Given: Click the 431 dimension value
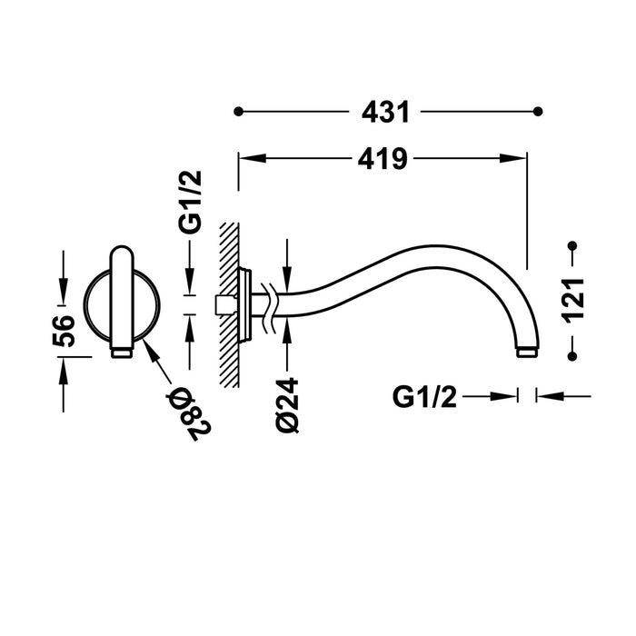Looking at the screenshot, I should [x=386, y=113].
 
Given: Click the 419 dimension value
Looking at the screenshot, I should [x=382, y=159].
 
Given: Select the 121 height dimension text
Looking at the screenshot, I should [x=571, y=300].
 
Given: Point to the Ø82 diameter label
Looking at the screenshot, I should [x=188, y=410].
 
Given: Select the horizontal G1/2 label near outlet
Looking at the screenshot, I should [x=424, y=396].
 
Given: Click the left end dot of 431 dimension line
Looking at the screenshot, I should [x=239, y=112].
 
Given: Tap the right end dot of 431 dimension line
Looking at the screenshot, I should [x=538, y=112].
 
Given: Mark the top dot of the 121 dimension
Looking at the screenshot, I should [x=571, y=246].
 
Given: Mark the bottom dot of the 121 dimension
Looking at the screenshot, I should [x=571, y=354].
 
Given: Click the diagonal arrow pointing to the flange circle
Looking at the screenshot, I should [x=156, y=367].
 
